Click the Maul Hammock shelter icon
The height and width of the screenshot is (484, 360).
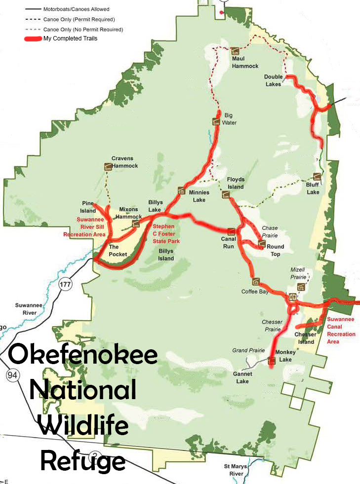pyautogui.click(x=235, y=51)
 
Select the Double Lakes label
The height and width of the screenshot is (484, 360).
pyautogui.click(x=273, y=80)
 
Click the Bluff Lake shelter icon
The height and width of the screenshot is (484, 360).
pyautogui.click(x=317, y=178)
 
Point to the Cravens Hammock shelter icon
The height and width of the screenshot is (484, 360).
pyautogui.click(x=107, y=167)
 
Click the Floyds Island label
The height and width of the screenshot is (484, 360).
pyautogui.click(x=236, y=183)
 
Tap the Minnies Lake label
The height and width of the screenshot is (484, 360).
pyautogui.click(x=197, y=196)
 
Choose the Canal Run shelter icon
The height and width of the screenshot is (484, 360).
pyautogui.click(x=231, y=231)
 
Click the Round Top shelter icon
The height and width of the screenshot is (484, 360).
pyautogui.click(x=262, y=244)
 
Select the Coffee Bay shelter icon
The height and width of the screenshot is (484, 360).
pyautogui.click(x=256, y=282)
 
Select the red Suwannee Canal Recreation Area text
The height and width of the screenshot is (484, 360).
pyautogui.click(x=340, y=330)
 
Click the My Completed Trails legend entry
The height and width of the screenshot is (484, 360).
pyautogui.click(x=70, y=38)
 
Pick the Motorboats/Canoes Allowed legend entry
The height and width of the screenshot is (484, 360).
pyautogui.click(x=77, y=9)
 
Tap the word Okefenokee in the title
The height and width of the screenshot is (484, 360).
pyautogui.click(x=82, y=355)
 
